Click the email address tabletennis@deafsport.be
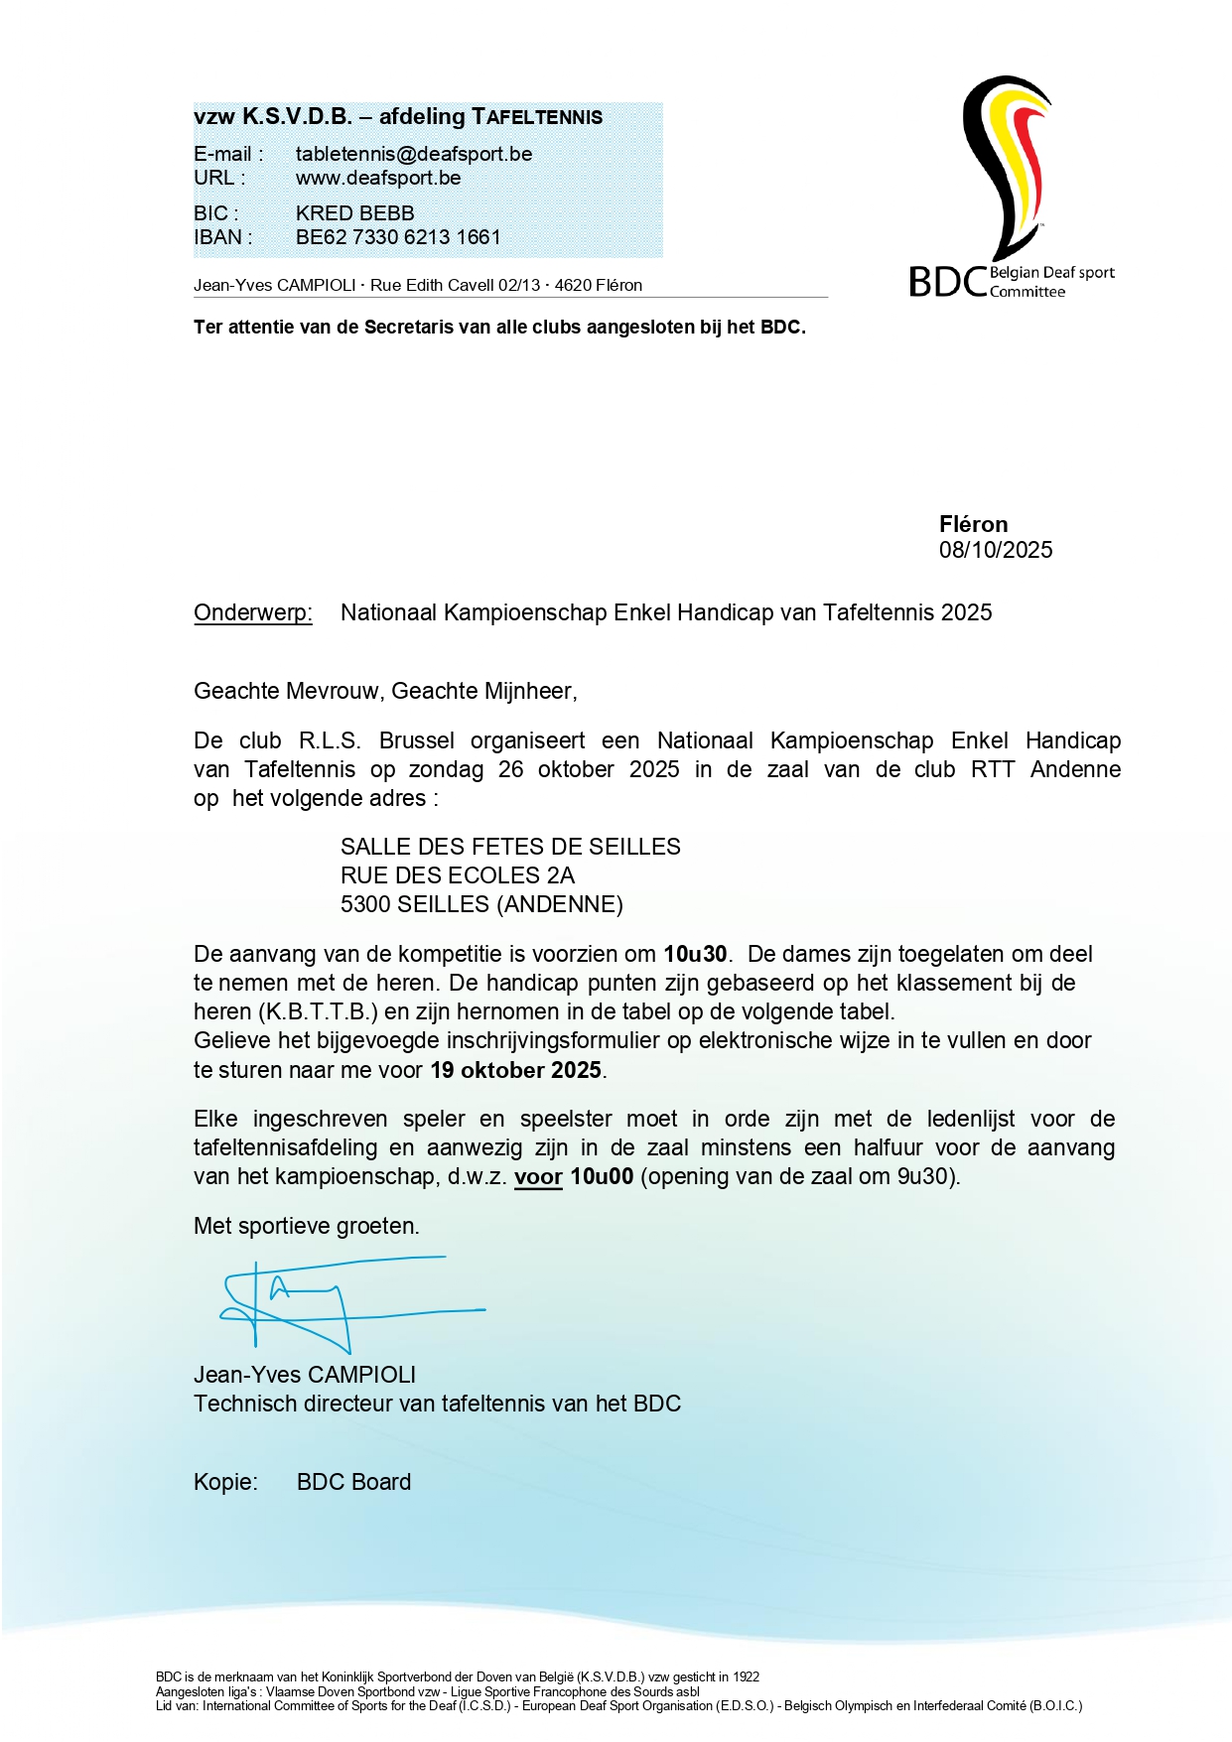pos(413,154)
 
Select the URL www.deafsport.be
pos(377,179)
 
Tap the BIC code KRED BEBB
pos(354,213)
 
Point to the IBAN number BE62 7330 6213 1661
pos(398,237)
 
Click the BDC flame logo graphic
pos(1005,164)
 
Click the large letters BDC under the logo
pos(947,282)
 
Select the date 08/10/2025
pos(995,550)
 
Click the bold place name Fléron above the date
pos(973,524)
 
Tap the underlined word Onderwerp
pos(252,612)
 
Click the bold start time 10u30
pos(695,954)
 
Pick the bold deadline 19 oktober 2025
pos(515,1070)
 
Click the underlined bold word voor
pos(538,1177)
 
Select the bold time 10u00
pos(602,1177)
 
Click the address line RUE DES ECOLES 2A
pos(457,875)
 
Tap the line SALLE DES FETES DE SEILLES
pos(510,847)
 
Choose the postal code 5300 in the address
pos(364,904)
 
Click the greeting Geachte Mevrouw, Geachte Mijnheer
pos(385,691)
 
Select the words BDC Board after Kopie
pos(353,1482)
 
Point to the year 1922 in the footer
pos(747,1676)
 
